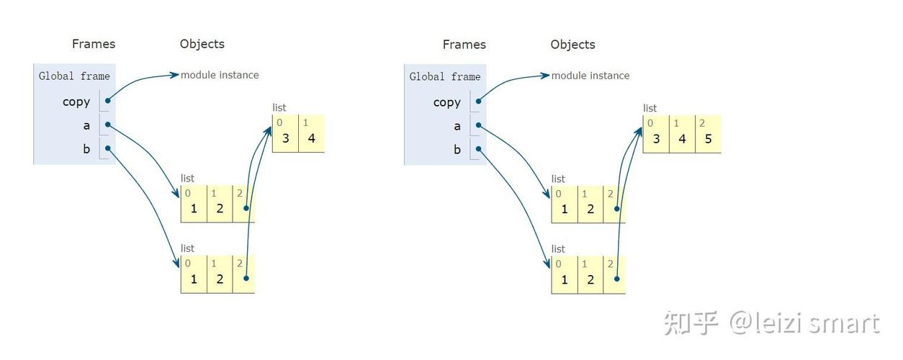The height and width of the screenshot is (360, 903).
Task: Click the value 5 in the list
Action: (x=708, y=139)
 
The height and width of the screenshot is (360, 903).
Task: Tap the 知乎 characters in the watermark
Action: (x=691, y=323)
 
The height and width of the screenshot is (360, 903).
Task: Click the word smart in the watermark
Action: (x=844, y=324)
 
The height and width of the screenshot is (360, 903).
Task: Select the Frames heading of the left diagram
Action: (x=94, y=44)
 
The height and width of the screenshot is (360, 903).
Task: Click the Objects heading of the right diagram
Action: (x=573, y=45)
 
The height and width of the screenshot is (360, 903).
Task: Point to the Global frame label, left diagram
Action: (x=74, y=76)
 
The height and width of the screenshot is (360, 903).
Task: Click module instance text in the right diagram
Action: (x=590, y=76)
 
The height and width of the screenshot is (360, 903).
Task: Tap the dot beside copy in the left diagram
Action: (x=107, y=101)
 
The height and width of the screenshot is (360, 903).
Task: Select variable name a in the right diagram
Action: (x=457, y=127)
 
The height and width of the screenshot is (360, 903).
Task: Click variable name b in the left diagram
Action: (x=86, y=149)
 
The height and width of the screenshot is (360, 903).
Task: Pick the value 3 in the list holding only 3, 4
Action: (x=285, y=139)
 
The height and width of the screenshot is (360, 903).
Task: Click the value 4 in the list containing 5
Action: (x=682, y=139)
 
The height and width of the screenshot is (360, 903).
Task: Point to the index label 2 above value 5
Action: (x=702, y=123)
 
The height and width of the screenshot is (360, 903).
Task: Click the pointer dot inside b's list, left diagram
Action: (x=246, y=278)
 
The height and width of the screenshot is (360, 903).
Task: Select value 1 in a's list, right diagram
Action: (x=565, y=210)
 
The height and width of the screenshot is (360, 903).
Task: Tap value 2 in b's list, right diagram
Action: (x=590, y=279)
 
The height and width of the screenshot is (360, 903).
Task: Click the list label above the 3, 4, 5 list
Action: (x=650, y=108)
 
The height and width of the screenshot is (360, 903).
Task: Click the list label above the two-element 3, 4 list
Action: (x=279, y=107)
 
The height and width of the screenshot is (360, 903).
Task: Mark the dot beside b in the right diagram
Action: (x=479, y=149)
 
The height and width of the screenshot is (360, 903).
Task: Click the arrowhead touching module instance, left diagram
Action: (x=174, y=75)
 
